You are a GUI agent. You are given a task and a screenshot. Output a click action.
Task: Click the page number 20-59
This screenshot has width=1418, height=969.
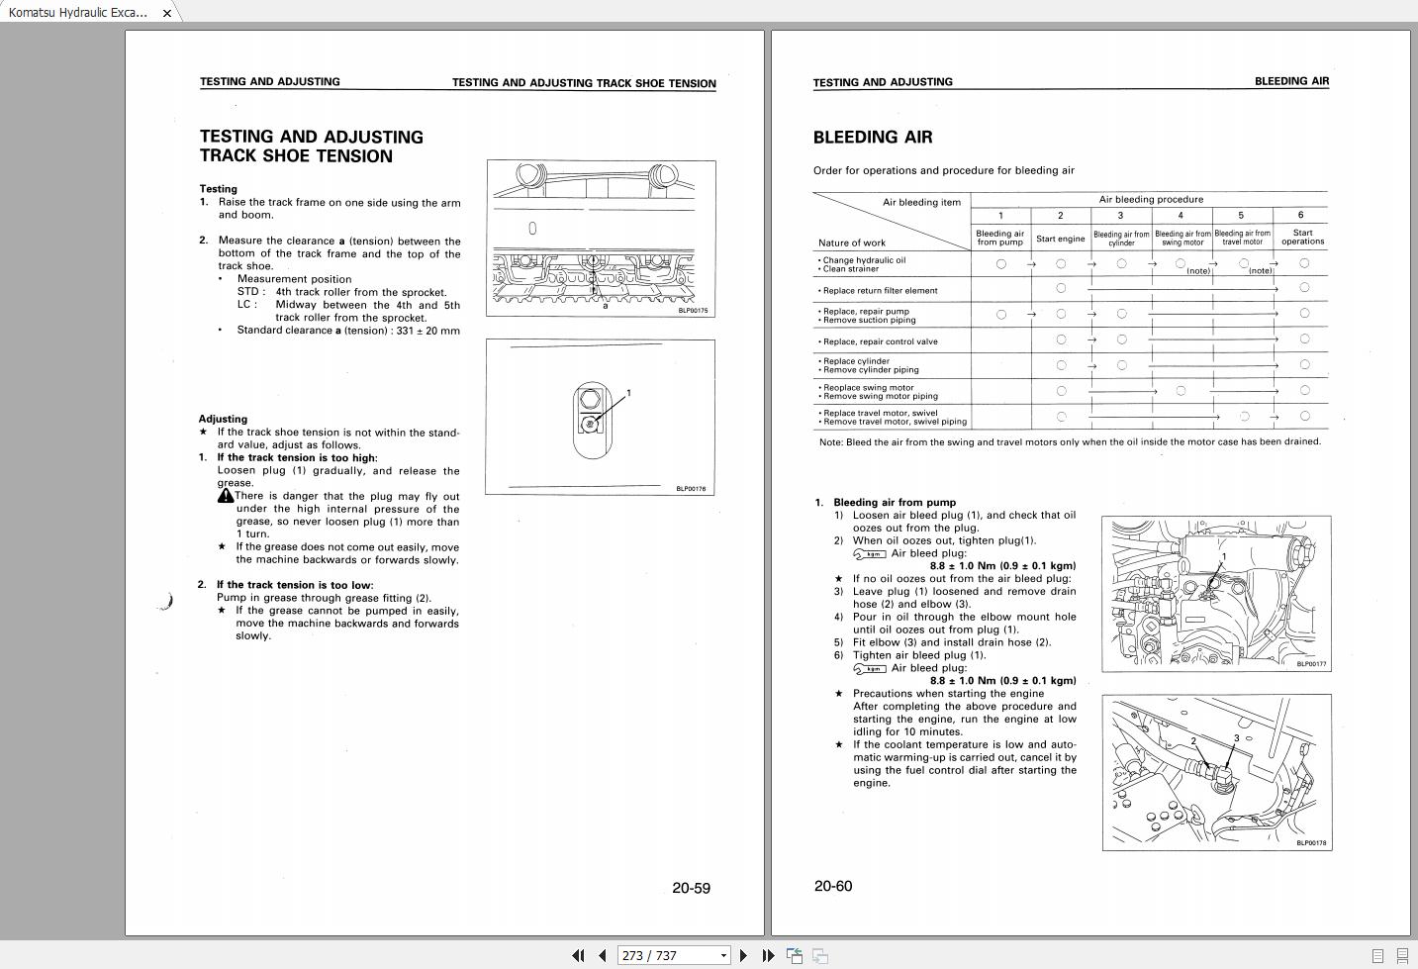[x=691, y=888]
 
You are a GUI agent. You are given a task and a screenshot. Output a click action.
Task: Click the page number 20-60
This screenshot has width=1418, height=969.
[x=832, y=886]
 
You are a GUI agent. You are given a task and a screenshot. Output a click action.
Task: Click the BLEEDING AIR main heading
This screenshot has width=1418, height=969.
[x=872, y=138]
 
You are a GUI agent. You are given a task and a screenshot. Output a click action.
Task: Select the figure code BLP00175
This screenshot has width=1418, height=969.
[x=693, y=311]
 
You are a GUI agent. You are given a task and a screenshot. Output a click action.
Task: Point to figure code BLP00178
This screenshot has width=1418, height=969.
[x=1311, y=843]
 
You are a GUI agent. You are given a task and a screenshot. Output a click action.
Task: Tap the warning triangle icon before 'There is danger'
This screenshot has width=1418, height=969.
[x=226, y=496]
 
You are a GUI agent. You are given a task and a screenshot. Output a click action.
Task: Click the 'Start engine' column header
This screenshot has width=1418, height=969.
[x=1060, y=239]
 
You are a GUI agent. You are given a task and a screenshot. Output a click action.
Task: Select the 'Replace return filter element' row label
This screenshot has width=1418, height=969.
[x=880, y=291]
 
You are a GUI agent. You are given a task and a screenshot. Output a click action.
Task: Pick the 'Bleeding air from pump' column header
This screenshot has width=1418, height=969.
[x=1000, y=238]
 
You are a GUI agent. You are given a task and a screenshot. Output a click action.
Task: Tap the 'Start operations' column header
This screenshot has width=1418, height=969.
[x=1302, y=238]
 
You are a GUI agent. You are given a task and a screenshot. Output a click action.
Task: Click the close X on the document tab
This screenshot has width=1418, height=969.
[x=166, y=13]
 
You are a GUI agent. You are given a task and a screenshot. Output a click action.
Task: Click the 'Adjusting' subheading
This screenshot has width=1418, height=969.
[x=223, y=419]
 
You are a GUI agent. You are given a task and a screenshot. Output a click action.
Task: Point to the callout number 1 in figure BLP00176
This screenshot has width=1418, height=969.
[x=628, y=394]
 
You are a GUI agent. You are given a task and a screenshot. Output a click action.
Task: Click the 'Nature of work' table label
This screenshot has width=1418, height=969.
[x=852, y=242]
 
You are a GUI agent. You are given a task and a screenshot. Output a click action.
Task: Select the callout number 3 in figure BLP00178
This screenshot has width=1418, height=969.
[x=1236, y=738]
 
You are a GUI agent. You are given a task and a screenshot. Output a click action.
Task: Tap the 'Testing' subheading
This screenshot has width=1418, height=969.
[x=219, y=189]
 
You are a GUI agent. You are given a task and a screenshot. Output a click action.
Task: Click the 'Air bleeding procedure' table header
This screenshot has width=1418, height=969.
[x=1151, y=199]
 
